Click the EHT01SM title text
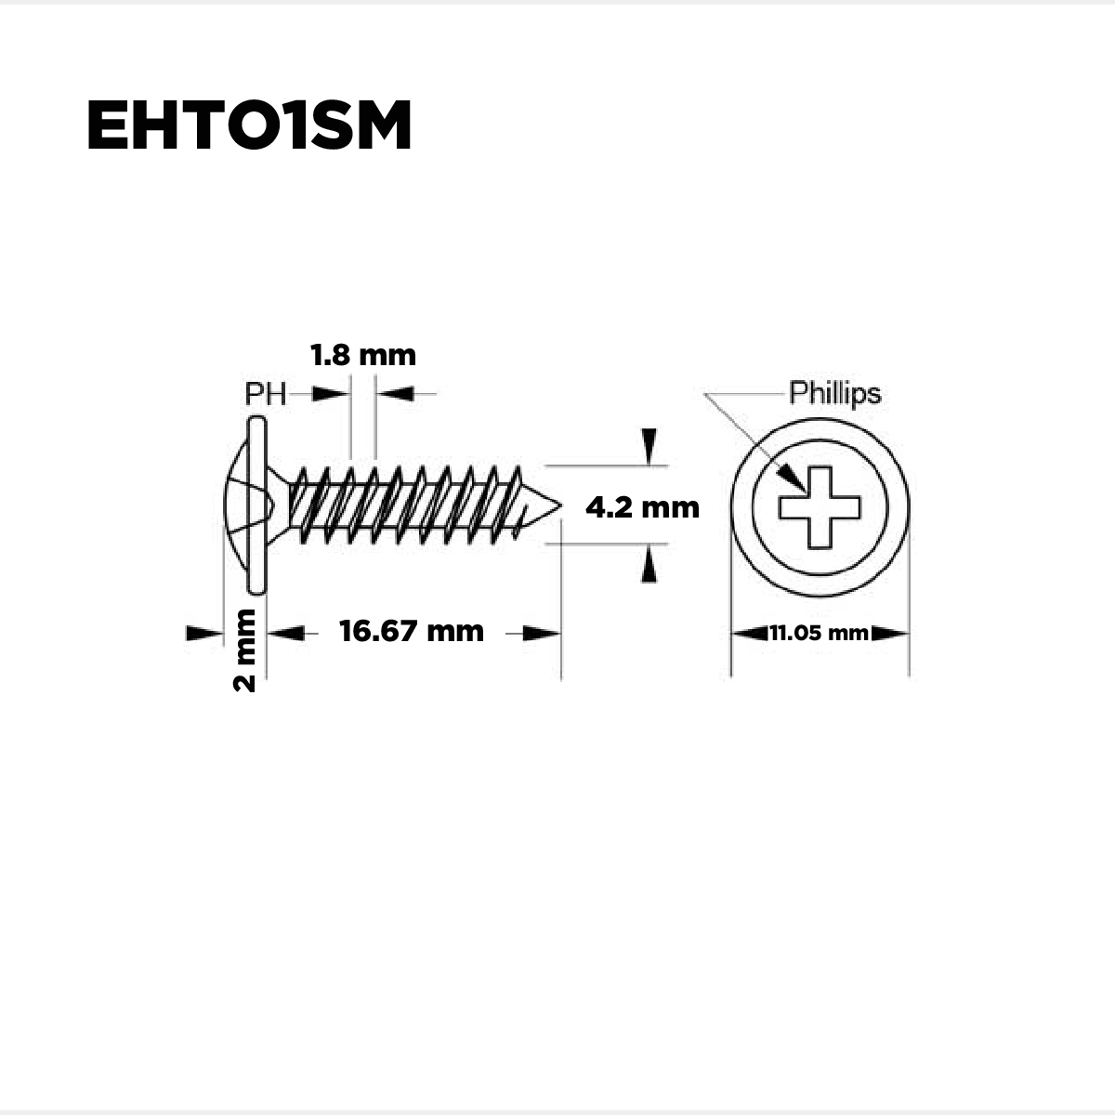coord(248,126)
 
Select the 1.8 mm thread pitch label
coord(362,356)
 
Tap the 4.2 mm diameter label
coord(642,507)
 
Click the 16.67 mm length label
coord(412,632)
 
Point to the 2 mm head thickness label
coord(245,649)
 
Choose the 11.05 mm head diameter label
coord(819,634)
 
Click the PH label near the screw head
coord(265,395)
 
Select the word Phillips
coord(834,393)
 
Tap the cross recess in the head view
coord(820,507)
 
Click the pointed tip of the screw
coord(557,507)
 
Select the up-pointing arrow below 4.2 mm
coord(649,565)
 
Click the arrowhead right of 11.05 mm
coord(889,634)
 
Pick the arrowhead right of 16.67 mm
coord(541,634)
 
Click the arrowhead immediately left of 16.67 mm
coord(286,634)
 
